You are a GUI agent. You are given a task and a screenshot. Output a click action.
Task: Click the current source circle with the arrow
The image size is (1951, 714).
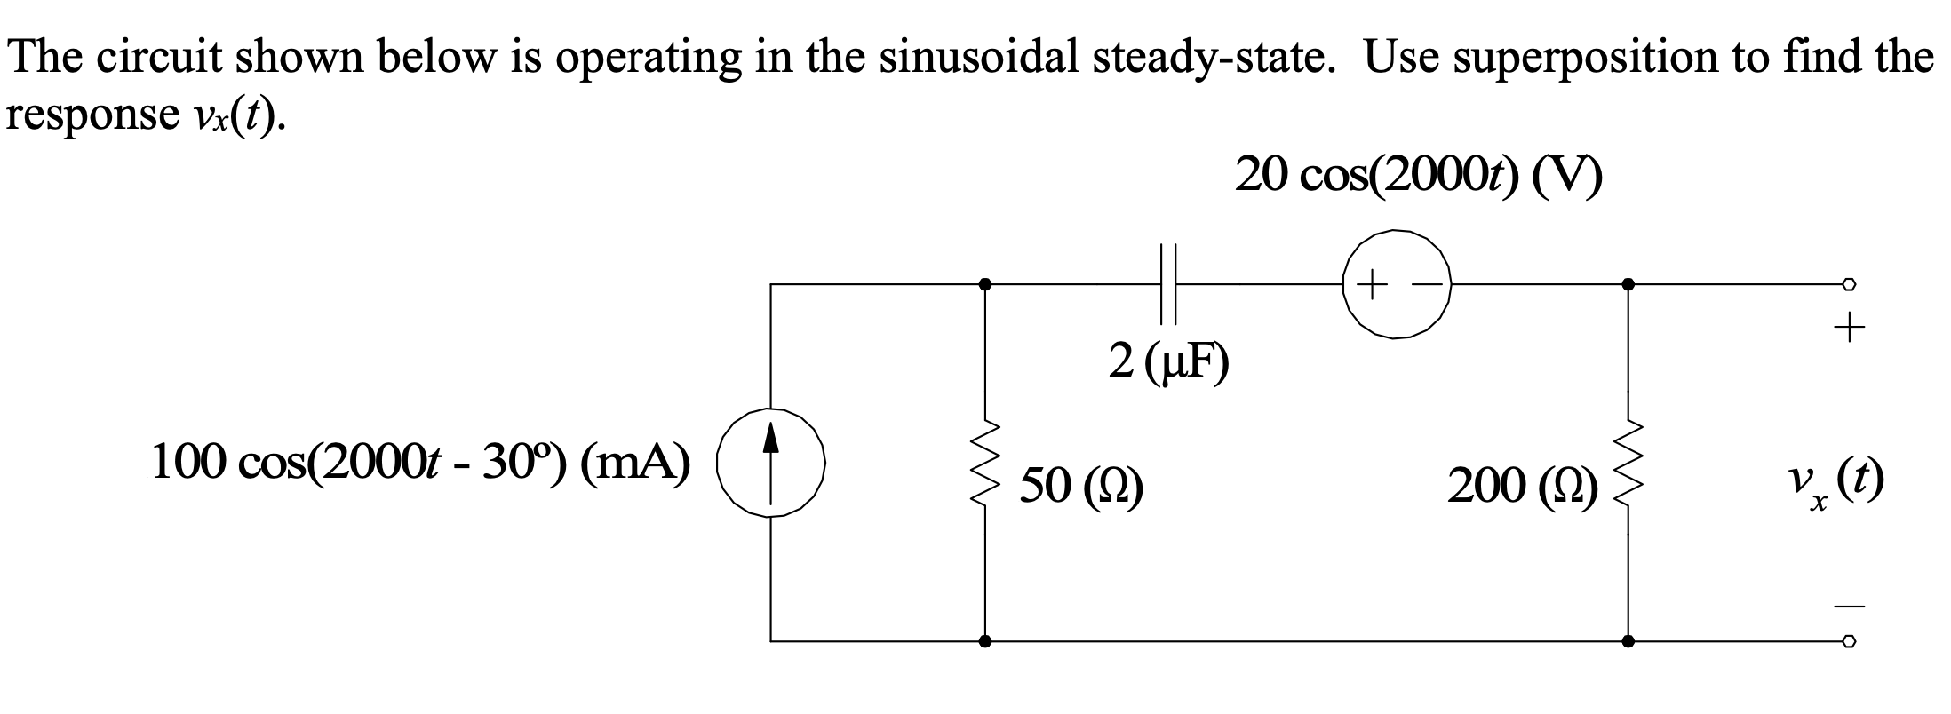pos(771,463)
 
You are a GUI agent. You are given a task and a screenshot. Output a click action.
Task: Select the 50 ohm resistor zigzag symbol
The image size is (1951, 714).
pos(984,462)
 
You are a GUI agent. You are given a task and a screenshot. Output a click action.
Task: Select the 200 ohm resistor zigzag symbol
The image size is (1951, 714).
pos(1628,462)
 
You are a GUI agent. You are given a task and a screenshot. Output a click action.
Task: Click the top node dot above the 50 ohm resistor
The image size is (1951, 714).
pos(984,284)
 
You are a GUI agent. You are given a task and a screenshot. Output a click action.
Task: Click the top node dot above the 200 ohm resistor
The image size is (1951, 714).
pos(1628,284)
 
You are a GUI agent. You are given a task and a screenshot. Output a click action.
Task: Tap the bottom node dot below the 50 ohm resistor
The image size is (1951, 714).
pos(984,640)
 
